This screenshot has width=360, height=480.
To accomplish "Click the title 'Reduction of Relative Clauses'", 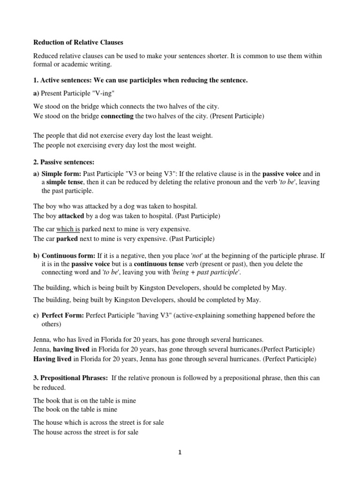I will pos(78,42).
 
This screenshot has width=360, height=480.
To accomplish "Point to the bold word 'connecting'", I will pos(118,116).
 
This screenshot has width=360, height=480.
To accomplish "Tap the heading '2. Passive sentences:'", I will pos(64,162).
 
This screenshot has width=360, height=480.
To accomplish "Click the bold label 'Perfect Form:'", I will pos(62,315).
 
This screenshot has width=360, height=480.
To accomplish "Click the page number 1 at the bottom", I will pos(180,452).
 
